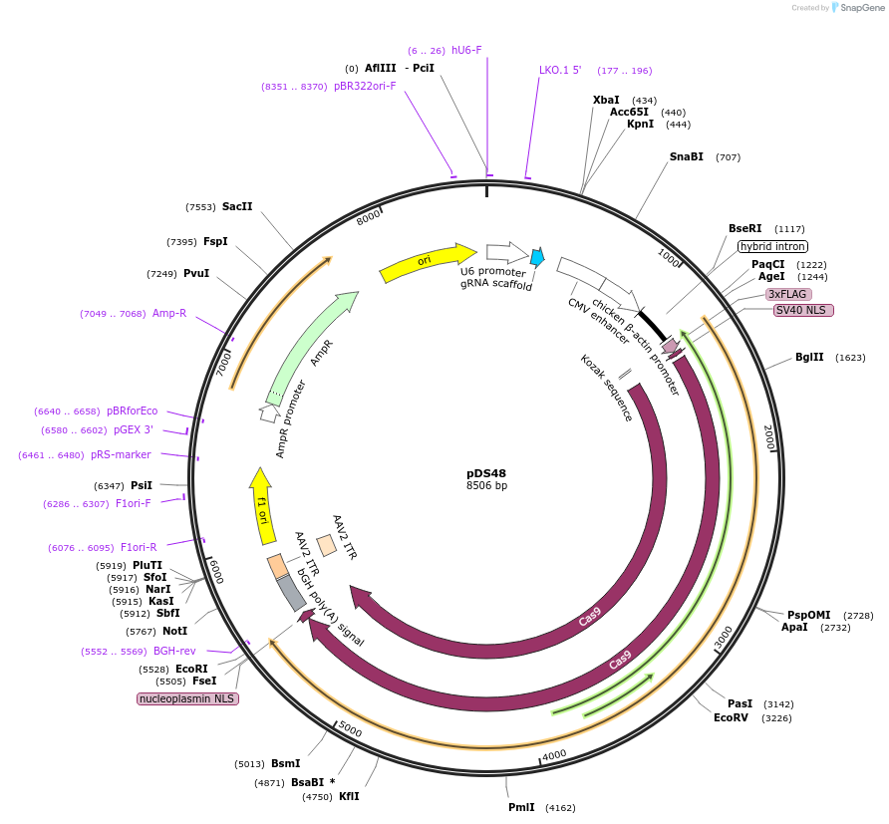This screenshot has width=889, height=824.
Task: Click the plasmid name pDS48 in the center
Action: (x=486, y=472)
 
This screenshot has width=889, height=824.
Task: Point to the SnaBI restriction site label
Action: (x=686, y=156)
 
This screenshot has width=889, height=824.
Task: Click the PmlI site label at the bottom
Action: (x=521, y=807)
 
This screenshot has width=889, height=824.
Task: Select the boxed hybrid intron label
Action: (x=772, y=246)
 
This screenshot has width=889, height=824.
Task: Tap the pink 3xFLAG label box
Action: (x=787, y=294)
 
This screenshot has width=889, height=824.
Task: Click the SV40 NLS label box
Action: (x=803, y=310)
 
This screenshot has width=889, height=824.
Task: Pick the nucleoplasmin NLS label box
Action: (x=187, y=698)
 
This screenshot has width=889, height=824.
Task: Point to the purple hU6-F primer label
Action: (x=466, y=50)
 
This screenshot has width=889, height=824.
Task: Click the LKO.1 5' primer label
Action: (x=560, y=70)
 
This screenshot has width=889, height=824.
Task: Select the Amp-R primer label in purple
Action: (x=168, y=313)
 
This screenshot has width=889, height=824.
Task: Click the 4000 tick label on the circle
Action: (x=554, y=754)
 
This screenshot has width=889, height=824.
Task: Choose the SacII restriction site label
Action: (x=237, y=206)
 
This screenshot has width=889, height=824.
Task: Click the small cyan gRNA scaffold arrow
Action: (x=537, y=258)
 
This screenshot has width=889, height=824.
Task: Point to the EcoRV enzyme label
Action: (x=731, y=717)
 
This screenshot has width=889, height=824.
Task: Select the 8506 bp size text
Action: (x=486, y=485)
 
